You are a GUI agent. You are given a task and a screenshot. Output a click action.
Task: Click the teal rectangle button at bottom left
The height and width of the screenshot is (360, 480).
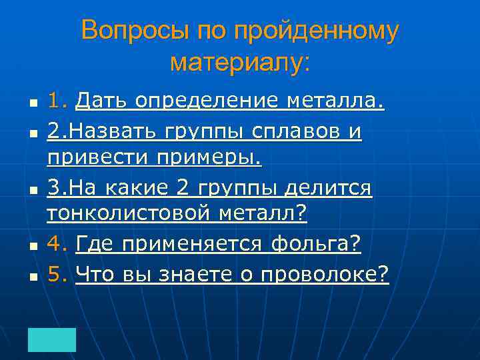pos(52,339)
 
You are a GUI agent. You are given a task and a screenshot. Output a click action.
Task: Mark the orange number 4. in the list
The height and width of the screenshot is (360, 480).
pos(58,245)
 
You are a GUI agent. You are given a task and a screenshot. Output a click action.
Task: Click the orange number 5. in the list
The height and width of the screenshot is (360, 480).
pos(58,273)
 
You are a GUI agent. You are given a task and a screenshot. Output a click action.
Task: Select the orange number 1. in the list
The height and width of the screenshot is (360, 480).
pos(58,101)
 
